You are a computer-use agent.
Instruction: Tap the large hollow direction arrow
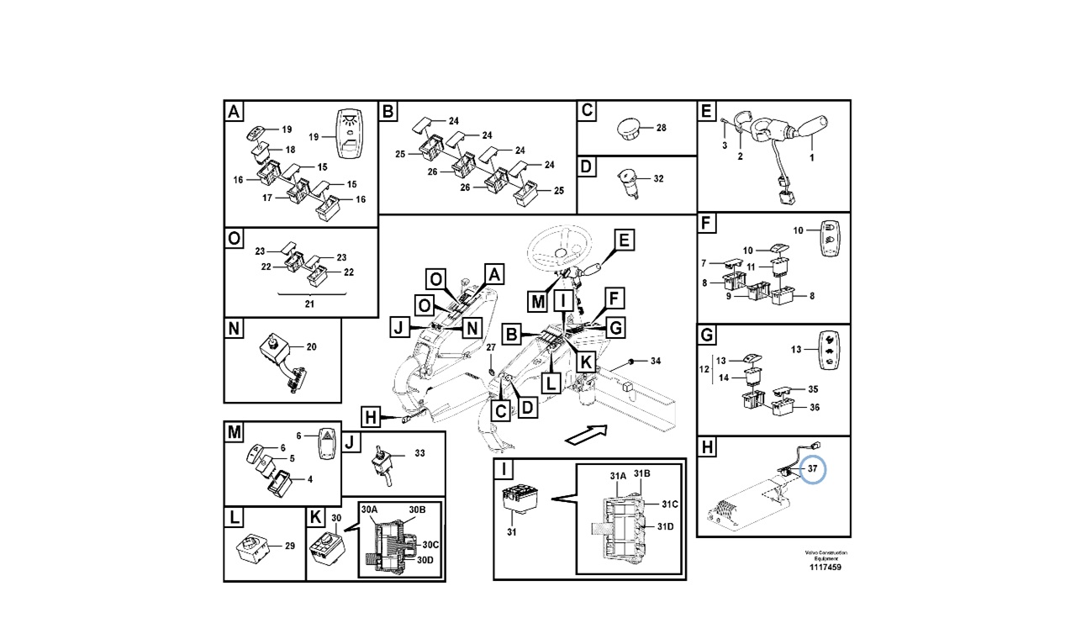pyautogui.click(x=586, y=436)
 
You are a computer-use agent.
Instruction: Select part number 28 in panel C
pyautogui.click(x=661, y=128)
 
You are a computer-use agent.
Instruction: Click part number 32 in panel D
pyautogui.click(x=658, y=179)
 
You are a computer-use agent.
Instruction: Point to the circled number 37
pyautogui.click(x=812, y=467)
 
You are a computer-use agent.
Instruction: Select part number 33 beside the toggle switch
pyautogui.click(x=419, y=453)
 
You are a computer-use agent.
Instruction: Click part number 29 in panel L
pyautogui.click(x=289, y=547)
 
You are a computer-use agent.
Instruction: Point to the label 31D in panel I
pyautogui.click(x=666, y=526)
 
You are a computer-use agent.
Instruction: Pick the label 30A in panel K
pyautogui.click(x=370, y=510)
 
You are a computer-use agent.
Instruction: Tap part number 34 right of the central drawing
pyautogui.click(x=656, y=362)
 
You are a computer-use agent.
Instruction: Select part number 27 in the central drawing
pyautogui.click(x=492, y=346)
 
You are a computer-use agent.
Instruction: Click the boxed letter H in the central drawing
pyautogui.click(x=371, y=415)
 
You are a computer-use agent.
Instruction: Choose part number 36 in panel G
pyautogui.click(x=813, y=408)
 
